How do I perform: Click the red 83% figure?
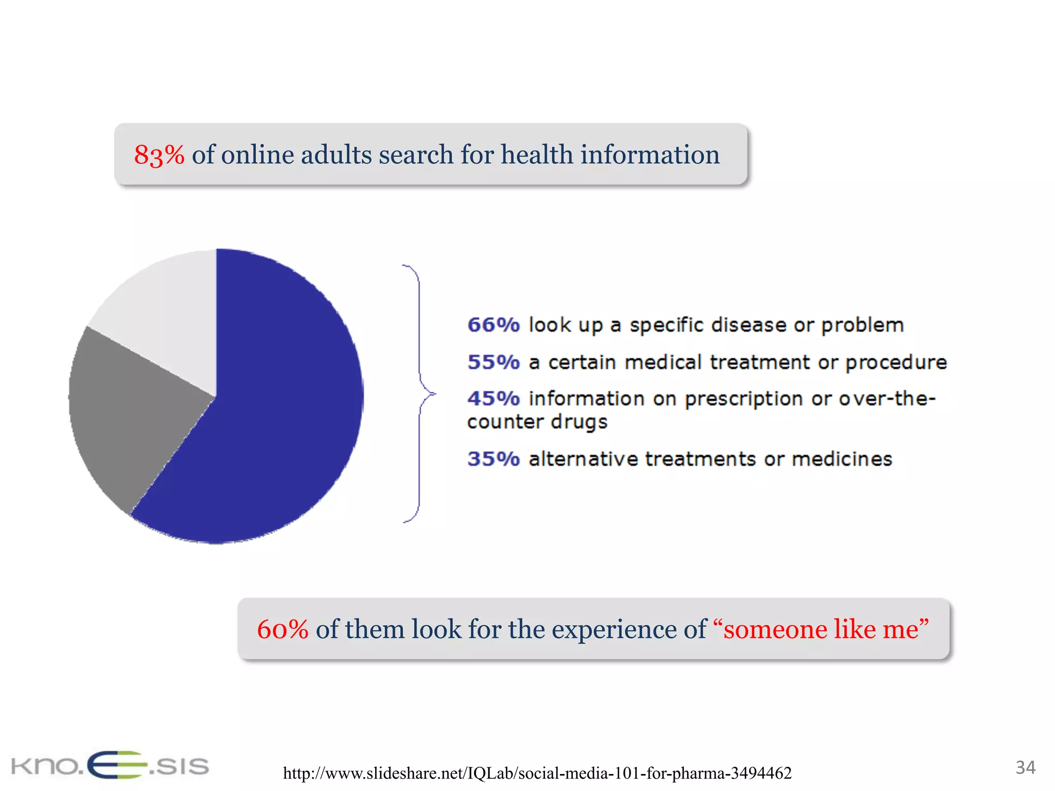click(x=159, y=154)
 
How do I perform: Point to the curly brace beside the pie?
click(x=419, y=394)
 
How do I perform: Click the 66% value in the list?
click(x=493, y=325)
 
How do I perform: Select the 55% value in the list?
click(x=493, y=362)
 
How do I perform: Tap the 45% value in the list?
click(x=493, y=399)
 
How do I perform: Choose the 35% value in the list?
click(x=493, y=459)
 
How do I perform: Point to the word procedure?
click(x=896, y=363)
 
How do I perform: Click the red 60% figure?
click(x=282, y=629)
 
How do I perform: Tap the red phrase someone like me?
click(x=821, y=629)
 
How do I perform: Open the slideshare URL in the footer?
click(x=537, y=773)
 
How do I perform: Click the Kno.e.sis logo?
click(x=110, y=766)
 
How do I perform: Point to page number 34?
click(x=1025, y=767)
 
